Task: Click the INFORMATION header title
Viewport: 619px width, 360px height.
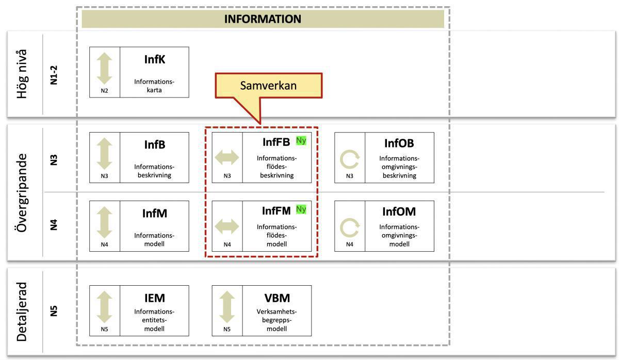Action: [263, 19]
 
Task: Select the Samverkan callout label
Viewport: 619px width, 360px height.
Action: [268, 86]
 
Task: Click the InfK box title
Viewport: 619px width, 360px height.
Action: [155, 59]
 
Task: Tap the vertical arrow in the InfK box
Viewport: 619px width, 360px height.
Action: [105, 68]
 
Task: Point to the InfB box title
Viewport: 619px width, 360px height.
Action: [155, 145]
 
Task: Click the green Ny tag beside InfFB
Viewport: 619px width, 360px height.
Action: [301, 141]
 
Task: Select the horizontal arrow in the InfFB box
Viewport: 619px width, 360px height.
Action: [227, 157]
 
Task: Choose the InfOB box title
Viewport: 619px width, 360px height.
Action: [399, 143]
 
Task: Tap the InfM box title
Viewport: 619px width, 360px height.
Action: [155, 213]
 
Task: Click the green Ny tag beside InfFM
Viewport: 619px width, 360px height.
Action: [301, 209]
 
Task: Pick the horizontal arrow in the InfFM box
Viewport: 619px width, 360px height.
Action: [227, 226]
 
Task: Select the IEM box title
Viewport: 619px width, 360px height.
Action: [155, 298]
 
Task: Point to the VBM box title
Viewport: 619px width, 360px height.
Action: [277, 298]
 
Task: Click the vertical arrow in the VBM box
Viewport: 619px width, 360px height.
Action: [227, 307]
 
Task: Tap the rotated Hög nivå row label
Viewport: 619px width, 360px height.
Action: [21, 73]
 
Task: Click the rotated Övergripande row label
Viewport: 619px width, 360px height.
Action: [21, 192]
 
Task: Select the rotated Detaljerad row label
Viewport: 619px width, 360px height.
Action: [21, 311]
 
